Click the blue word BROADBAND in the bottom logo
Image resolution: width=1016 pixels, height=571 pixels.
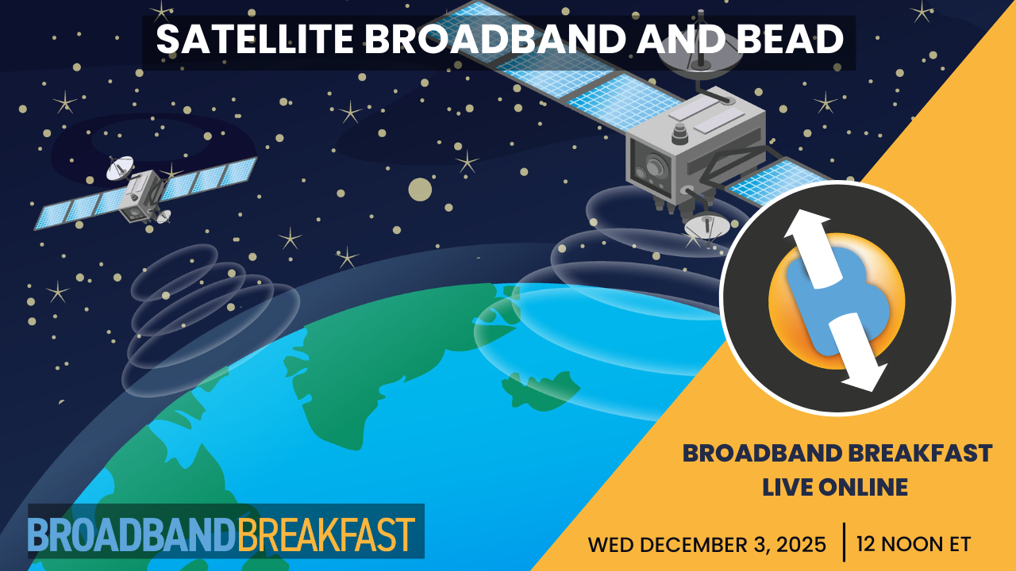click(x=132, y=535)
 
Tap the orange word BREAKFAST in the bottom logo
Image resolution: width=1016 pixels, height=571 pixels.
click(x=326, y=535)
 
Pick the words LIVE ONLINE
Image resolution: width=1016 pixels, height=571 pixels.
click(x=835, y=487)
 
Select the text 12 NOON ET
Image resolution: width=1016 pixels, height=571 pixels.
click(x=913, y=546)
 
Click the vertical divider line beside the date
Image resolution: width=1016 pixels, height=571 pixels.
click(x=843, y=542)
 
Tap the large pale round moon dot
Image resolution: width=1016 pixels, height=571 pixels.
click(x=420, y=189)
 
